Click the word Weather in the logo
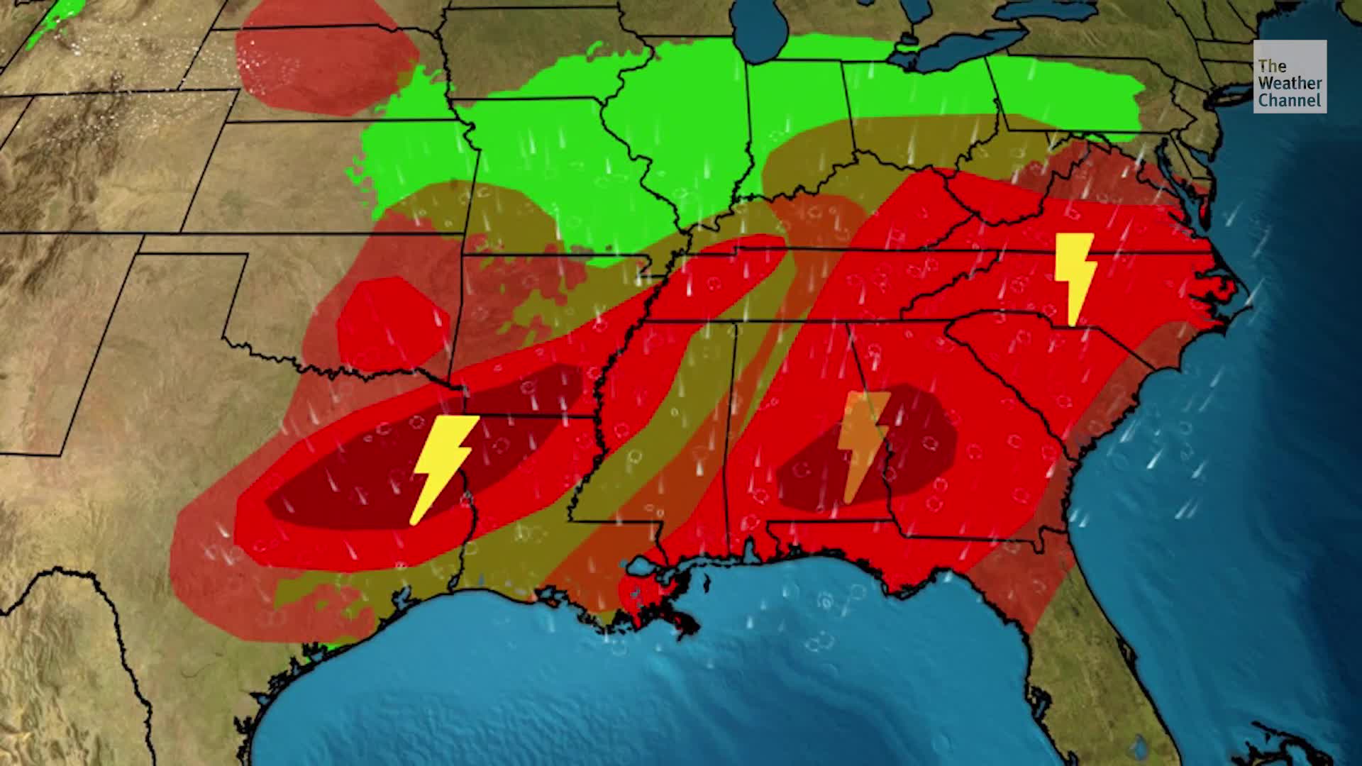(x=1290, y=83)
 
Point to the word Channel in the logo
(x=1289, y=101)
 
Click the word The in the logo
(x=1272, y=66)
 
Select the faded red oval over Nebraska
(x=326, y=57)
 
